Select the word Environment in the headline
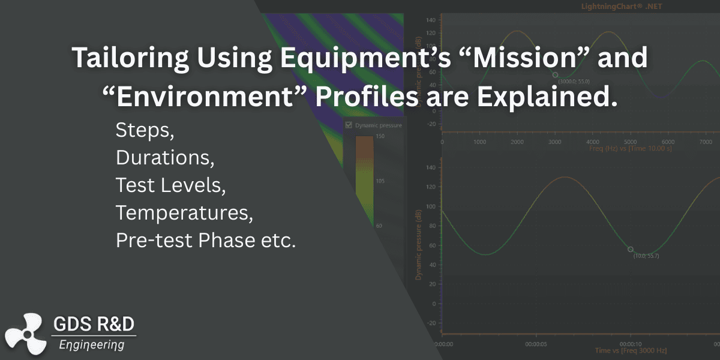214,97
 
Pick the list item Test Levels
170,185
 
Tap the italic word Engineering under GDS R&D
92,344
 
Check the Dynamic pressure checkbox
349,125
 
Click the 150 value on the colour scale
380,137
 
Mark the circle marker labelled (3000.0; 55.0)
555,74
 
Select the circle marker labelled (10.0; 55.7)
630,249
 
